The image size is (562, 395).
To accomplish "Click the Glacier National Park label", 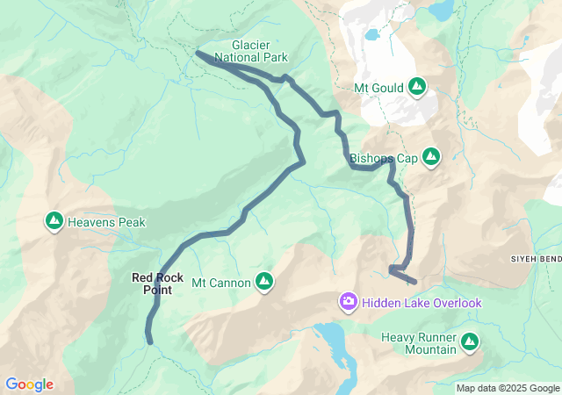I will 259,51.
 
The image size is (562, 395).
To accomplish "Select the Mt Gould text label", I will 378,88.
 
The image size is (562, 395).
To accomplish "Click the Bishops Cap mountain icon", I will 431,156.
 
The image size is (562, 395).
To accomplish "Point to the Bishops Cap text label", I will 383,159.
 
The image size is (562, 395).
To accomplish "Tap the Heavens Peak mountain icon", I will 54,221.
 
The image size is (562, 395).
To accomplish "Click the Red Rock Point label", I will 158,284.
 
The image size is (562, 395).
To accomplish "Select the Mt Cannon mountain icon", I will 263,281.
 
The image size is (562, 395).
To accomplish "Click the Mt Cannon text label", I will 221,283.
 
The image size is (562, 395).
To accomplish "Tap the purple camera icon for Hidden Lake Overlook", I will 349,303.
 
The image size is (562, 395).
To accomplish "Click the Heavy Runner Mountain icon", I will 470,341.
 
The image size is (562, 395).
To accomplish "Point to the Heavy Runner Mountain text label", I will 418,343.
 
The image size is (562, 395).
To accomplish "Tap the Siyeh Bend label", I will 535,260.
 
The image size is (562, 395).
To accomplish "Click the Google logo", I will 29,384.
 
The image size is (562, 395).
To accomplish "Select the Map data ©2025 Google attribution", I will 508,388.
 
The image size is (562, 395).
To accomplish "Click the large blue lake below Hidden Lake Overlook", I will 334,342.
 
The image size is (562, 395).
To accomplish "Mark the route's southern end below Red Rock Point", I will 150,341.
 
